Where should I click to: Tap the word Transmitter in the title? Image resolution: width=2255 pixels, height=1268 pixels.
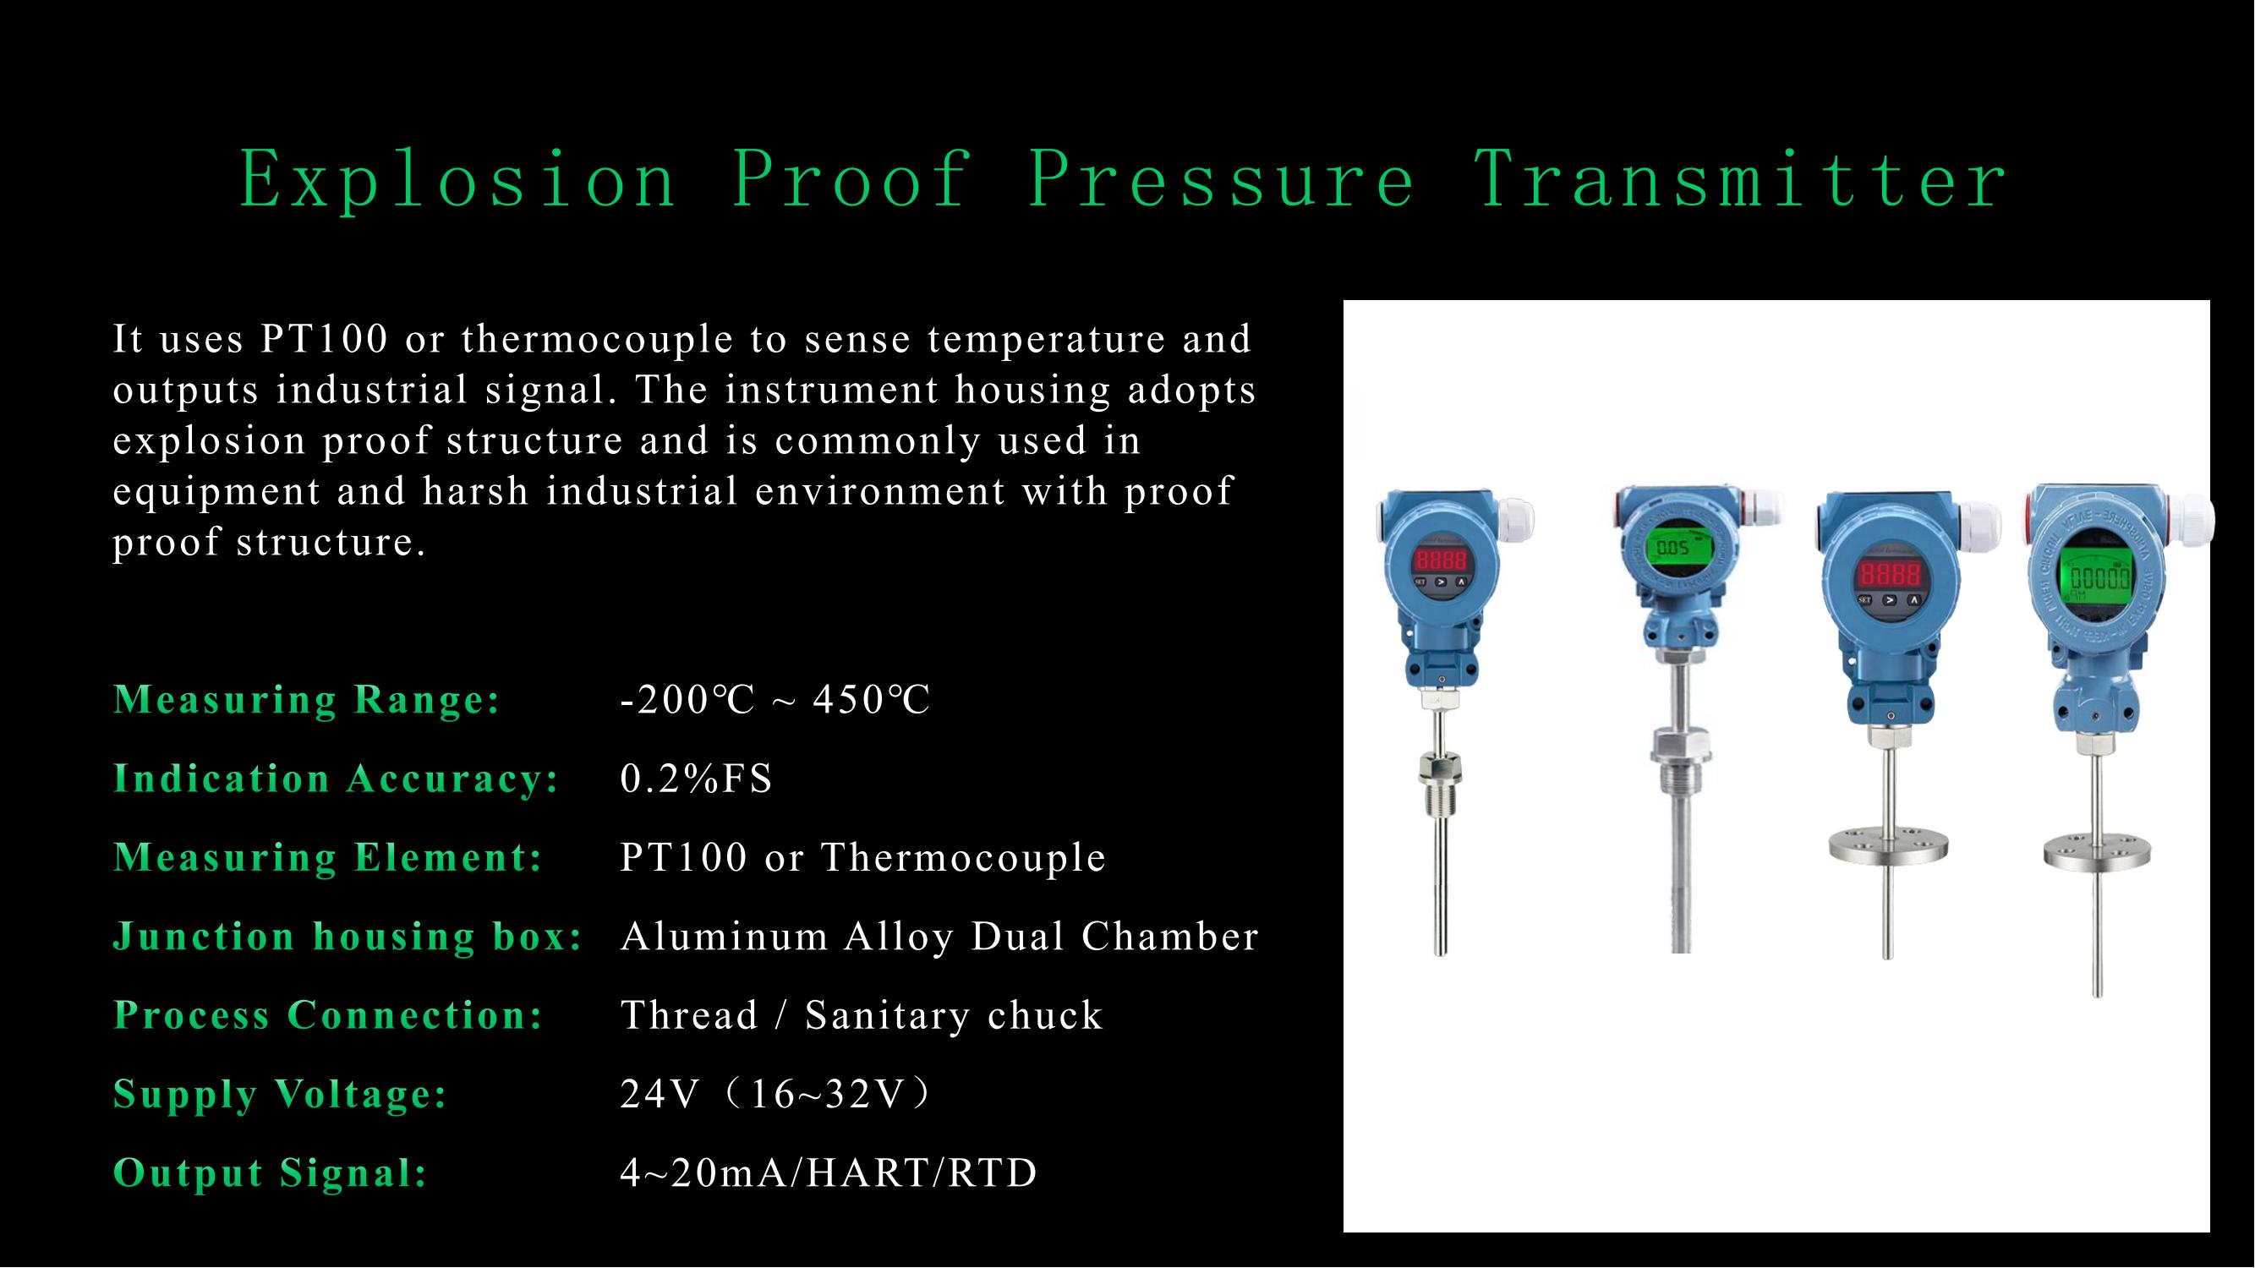[x=1741, y=179]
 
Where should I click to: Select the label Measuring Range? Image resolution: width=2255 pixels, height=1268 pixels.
[x=307, y=699]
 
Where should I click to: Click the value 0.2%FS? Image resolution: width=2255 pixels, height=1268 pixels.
[x=697, y=778]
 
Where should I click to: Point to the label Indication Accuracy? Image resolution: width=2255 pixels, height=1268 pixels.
[x=337, y=778]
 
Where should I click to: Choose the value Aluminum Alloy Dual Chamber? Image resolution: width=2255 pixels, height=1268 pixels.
[x=939, y=937]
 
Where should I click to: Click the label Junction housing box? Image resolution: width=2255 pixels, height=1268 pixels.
[x=348, y=937]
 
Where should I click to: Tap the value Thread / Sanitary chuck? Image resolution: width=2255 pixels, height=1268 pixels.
[x=862, y=1015]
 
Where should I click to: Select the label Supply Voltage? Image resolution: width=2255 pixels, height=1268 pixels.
[x=280, y=1094]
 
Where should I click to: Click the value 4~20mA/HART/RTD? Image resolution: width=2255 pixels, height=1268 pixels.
[x=828, y=1172]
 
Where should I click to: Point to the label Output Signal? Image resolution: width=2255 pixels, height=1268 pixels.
[x=271, y=1172]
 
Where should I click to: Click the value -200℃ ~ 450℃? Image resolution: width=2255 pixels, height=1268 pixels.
[x=774, y=699]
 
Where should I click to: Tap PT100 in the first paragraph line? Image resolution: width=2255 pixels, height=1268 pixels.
[x=324, y=339]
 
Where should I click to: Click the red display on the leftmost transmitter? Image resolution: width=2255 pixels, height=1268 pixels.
[x=1441, y=559]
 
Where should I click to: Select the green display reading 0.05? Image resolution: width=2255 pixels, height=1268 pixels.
[x=1673, y=547]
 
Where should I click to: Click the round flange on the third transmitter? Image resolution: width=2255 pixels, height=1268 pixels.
[x=1889, y=847]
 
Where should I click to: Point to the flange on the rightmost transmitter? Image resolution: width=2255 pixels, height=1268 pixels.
[x=2097, y=852]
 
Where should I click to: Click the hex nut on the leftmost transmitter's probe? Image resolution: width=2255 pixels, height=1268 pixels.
[x=1440, y=769]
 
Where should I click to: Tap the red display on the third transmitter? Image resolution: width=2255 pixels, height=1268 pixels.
[x=1890, y=574]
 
